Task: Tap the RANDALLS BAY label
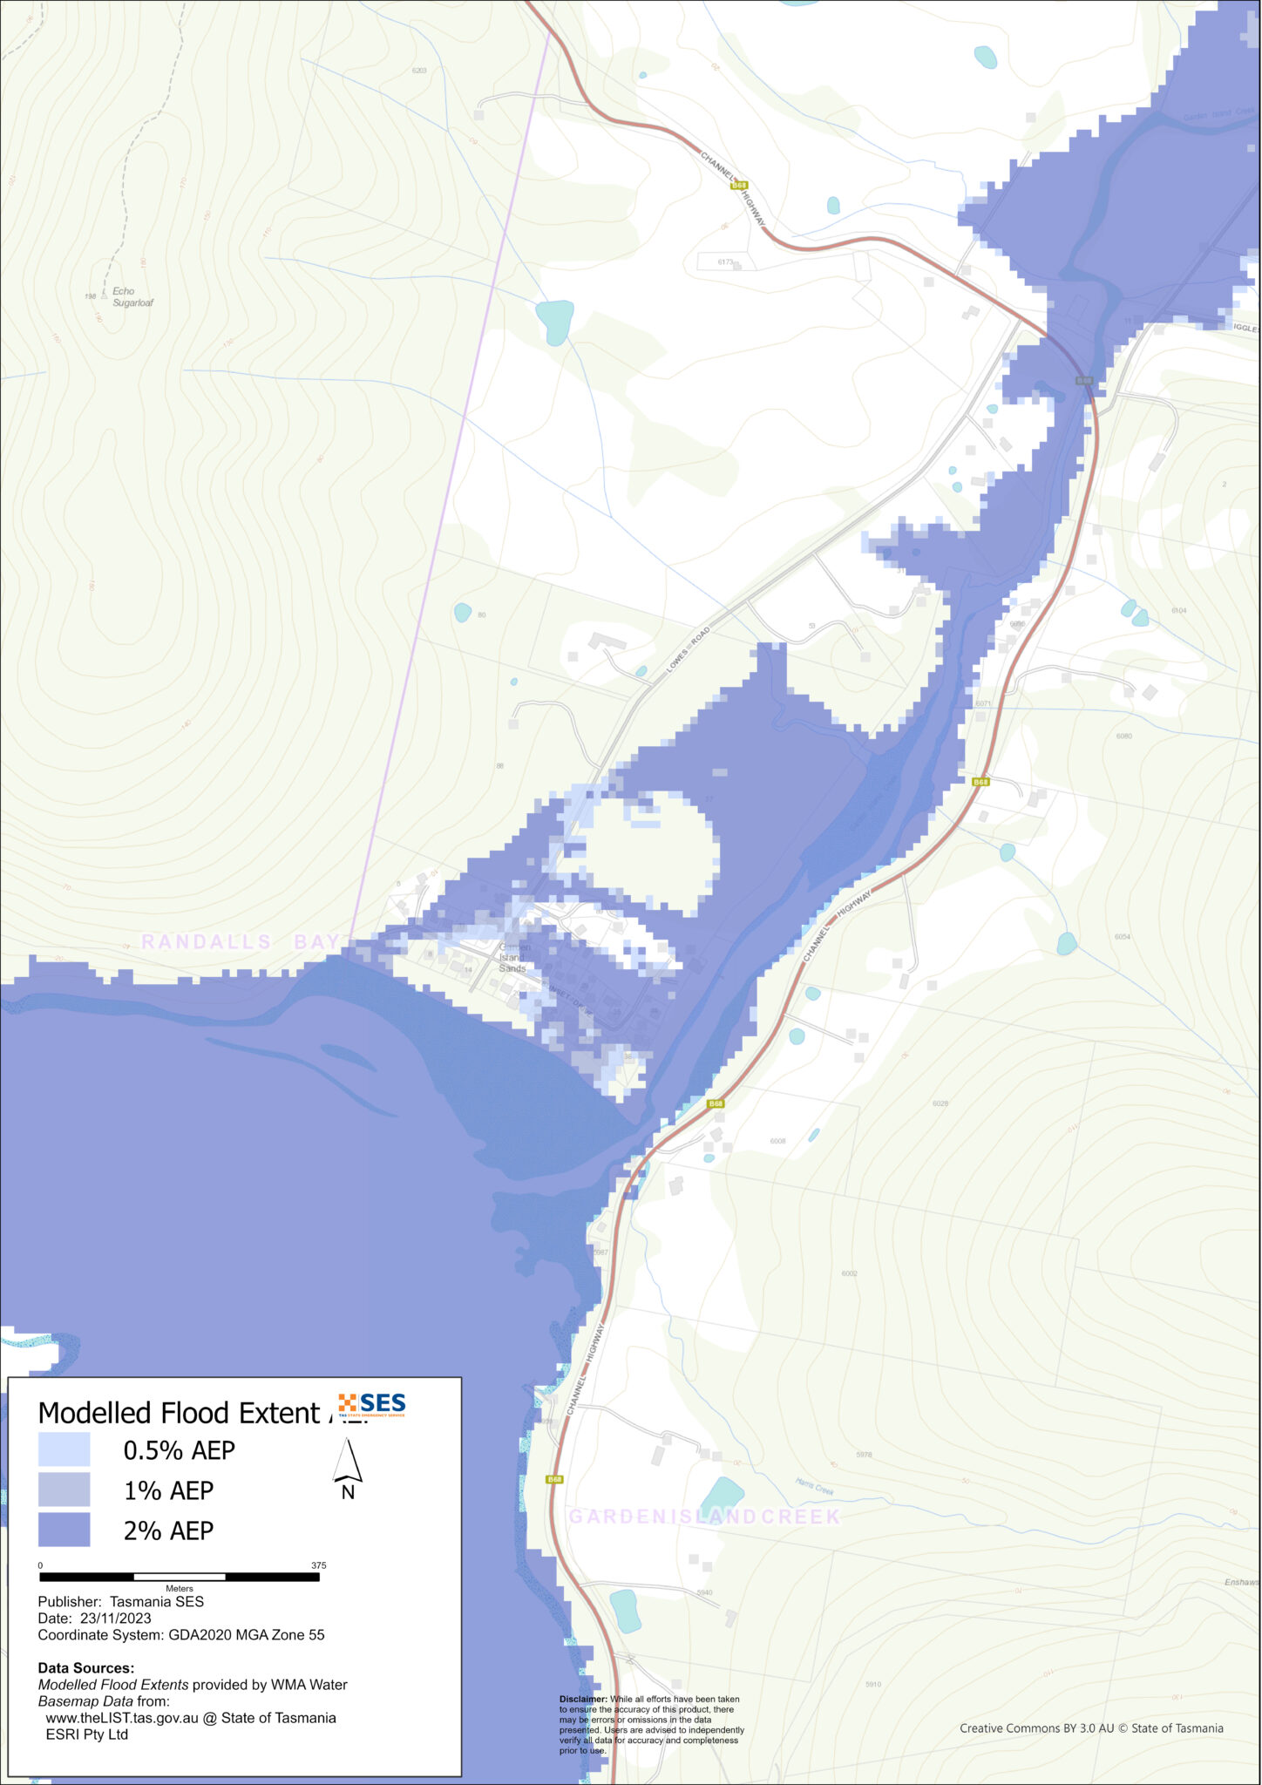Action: tap(240, 941)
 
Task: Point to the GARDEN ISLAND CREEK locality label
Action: tap(704, 1517)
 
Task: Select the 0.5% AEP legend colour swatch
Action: tap(64, 1449)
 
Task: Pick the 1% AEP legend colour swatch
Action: tap(64, 1490)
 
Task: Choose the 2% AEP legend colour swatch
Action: tap(64, 1530)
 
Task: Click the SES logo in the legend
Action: tap(373, 1404)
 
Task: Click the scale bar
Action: tap(180, 1577)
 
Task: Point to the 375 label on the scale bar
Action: tap(319, 1565)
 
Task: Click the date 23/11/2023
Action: tap(115, 1618)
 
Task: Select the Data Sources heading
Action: tap(86, 1668)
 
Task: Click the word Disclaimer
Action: tap(583, 1699)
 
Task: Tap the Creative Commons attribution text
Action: tap(1091, 1727)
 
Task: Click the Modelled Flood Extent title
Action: tap(179, 1412)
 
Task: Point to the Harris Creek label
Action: tap(815, 1486)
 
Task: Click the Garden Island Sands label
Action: tap(512, 957)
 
